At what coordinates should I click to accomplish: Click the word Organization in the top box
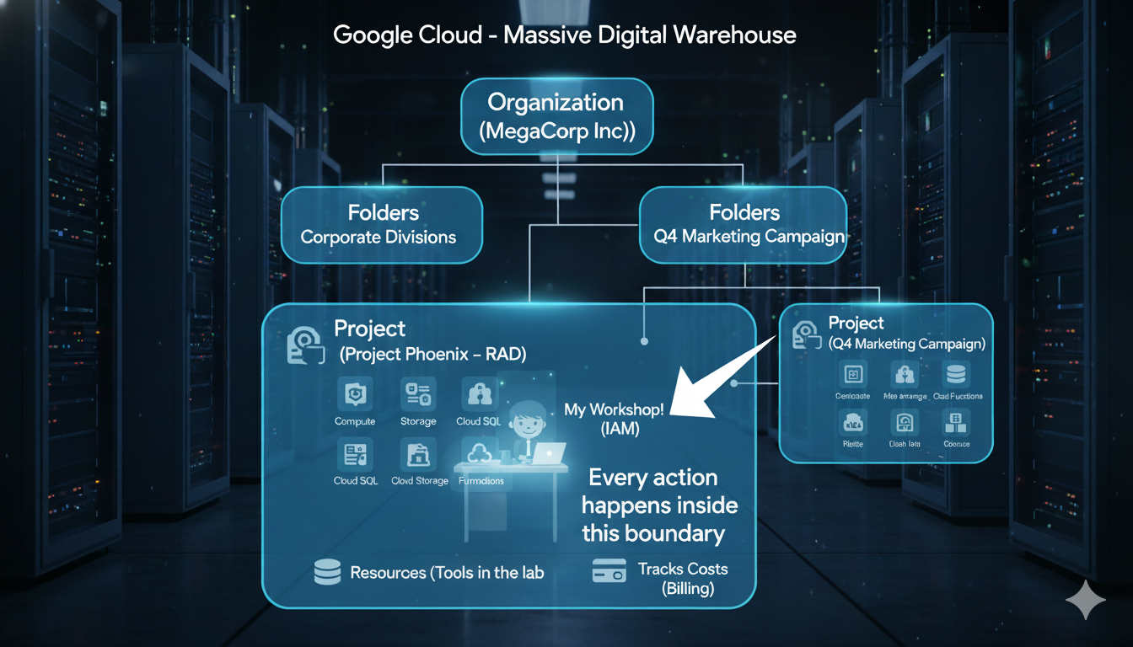[556, 103]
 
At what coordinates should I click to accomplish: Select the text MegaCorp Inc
[556, 132]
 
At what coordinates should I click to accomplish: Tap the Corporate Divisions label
[379, 237]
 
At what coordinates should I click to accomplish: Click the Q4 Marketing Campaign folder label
[749, 237]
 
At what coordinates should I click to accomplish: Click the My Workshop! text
[614, 409]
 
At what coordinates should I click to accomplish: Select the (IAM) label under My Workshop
[620, 430]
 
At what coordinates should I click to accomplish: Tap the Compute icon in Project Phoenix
[354, 393]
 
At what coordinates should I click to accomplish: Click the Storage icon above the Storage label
[418, 393]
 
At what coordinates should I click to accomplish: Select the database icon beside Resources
[327, 573]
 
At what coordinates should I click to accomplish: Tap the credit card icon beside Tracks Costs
[609, 571]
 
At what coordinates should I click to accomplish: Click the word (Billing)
[688, 588]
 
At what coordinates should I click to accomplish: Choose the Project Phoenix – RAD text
[433, 355]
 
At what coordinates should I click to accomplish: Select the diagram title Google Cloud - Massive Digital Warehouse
[564, 35]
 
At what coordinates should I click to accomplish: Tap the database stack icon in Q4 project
[957, 374]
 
